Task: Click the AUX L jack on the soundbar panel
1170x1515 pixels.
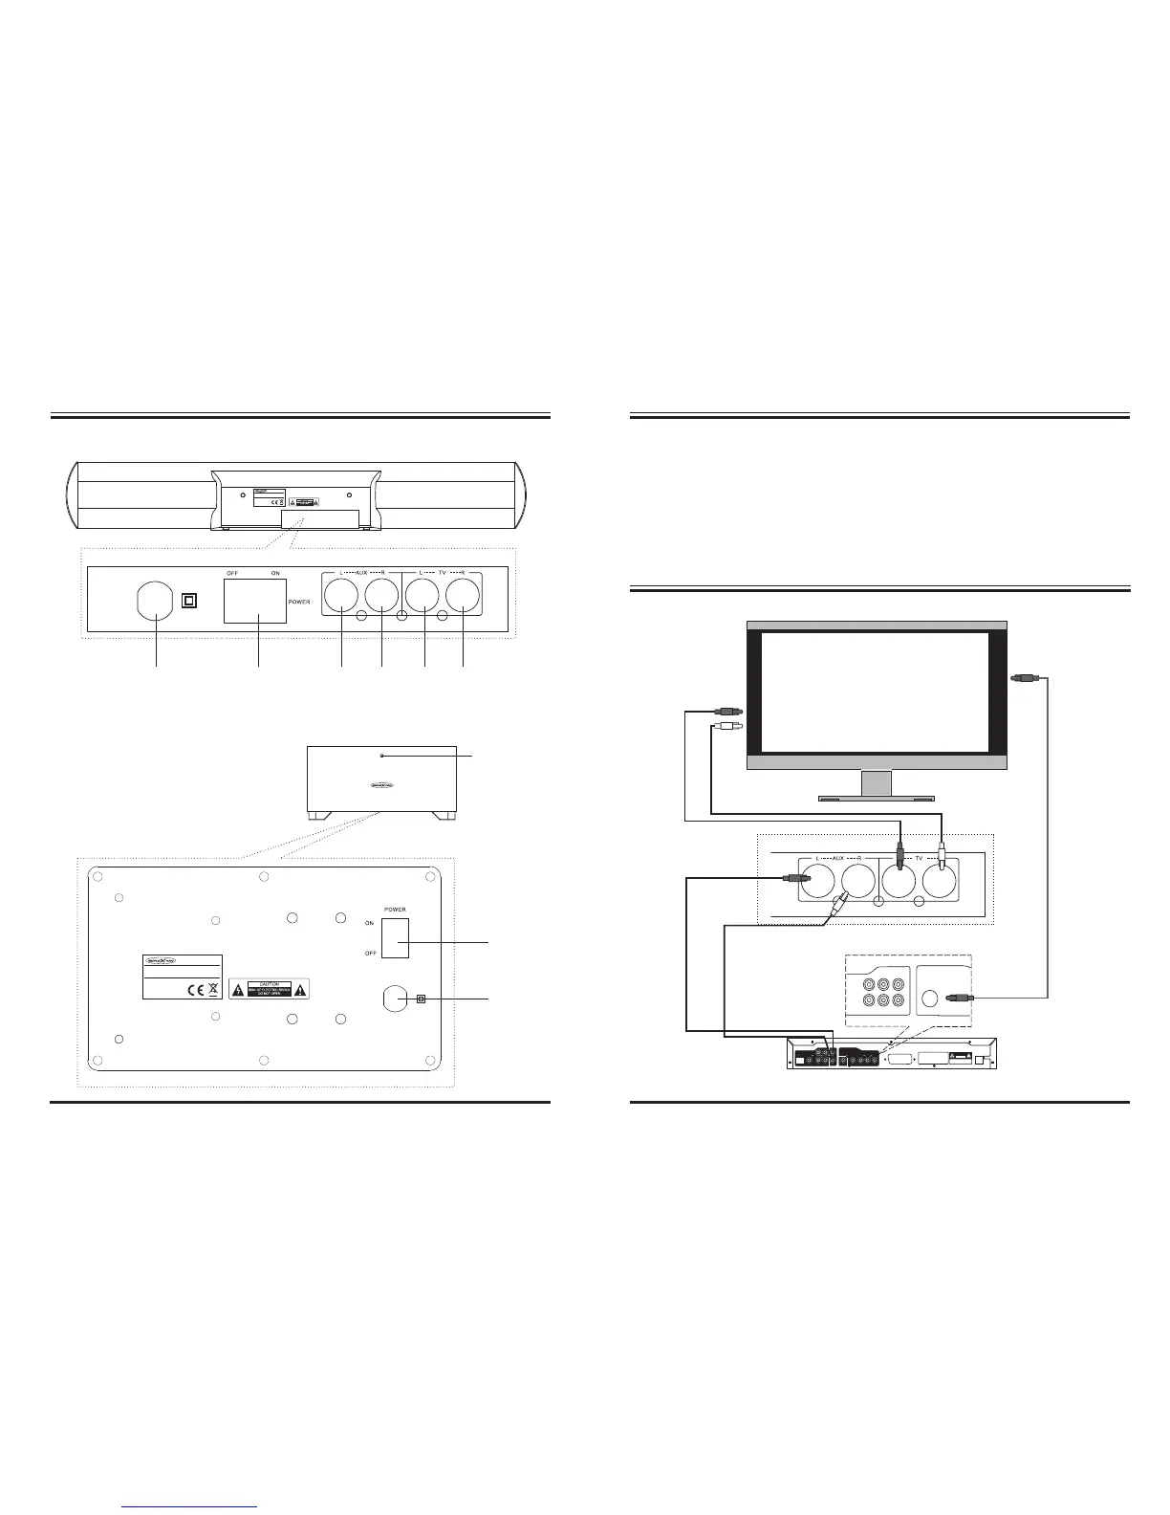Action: point(341,598)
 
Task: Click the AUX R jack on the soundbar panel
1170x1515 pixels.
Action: point(381,598)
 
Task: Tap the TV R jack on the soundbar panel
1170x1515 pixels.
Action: point(463,598)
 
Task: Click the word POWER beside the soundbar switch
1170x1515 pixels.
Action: point(299,603)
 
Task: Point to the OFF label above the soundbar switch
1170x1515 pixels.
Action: point(231,573)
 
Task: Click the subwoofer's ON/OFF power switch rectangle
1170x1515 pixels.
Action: point(395,937)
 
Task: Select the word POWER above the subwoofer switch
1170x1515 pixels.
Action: point(395,910)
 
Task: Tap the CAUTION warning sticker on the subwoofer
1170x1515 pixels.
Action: point(269,989)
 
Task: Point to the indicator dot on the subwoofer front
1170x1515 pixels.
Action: point(381,756)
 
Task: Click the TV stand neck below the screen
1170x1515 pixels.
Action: point(876,781)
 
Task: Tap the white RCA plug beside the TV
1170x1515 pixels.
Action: point(723,730)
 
